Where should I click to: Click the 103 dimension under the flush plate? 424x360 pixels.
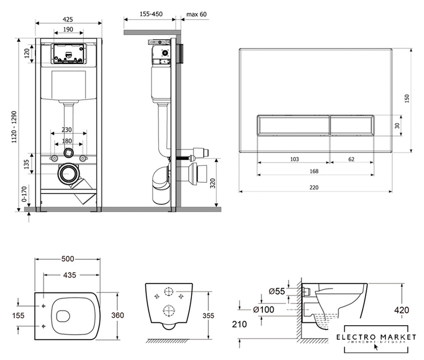click(x=294, y=159)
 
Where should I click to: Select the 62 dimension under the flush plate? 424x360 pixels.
click(x=351, y=159)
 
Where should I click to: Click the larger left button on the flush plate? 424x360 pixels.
click(x=292, y=125)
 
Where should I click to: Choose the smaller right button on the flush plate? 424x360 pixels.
click(x=351, y=125)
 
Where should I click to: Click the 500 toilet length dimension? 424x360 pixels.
click(x=68, y=260)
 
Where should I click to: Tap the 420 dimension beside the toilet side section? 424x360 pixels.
click(x=411, y=309)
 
